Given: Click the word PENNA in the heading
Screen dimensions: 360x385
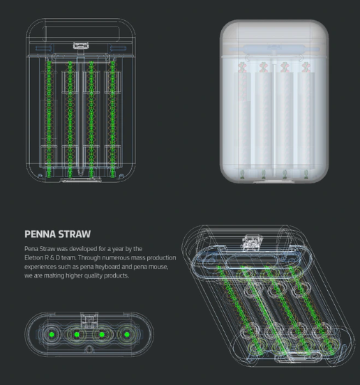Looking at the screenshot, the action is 40,234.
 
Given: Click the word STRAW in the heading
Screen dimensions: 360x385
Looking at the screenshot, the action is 75,234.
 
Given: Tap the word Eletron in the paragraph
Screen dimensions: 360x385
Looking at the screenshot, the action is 33,258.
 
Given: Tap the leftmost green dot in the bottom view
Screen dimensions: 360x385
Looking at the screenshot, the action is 52,334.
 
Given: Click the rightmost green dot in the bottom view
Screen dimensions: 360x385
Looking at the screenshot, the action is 127,334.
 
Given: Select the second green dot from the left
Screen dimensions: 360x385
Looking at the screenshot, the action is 77,334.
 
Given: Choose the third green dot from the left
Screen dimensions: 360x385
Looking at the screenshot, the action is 102,334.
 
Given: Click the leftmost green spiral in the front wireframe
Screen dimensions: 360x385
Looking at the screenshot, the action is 49,119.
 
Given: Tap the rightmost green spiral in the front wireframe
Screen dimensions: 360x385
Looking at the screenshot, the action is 113,119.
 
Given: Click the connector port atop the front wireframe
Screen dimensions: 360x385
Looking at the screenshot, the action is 80,45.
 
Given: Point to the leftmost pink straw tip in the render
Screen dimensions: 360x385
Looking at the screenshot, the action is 242,67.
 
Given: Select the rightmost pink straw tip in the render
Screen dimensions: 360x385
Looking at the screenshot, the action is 306,67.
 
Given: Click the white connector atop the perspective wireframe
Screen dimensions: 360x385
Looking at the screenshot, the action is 251,243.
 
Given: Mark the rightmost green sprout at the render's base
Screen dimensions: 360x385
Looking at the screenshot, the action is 306,174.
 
